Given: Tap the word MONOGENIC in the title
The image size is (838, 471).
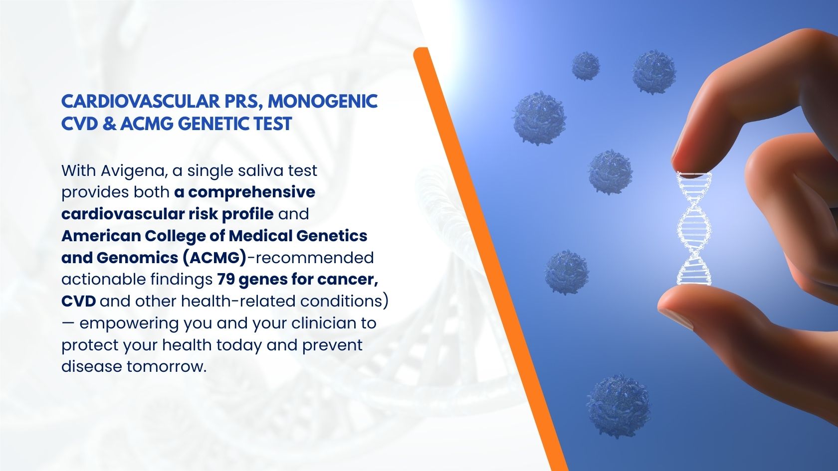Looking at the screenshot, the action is click(x=323, y=102).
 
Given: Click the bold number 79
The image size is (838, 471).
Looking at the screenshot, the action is click(x=225, y=279).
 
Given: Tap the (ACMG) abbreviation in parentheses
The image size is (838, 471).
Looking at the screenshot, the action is click(x=215, y=258).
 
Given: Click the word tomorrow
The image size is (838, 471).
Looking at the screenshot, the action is click(x=167, y=367).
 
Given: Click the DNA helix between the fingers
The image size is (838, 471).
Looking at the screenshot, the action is click(x=693, y=228).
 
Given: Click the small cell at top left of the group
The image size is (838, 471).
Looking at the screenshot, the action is click(x=586, y=66).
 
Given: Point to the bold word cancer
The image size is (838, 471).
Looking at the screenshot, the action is click(x=348, y=280).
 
